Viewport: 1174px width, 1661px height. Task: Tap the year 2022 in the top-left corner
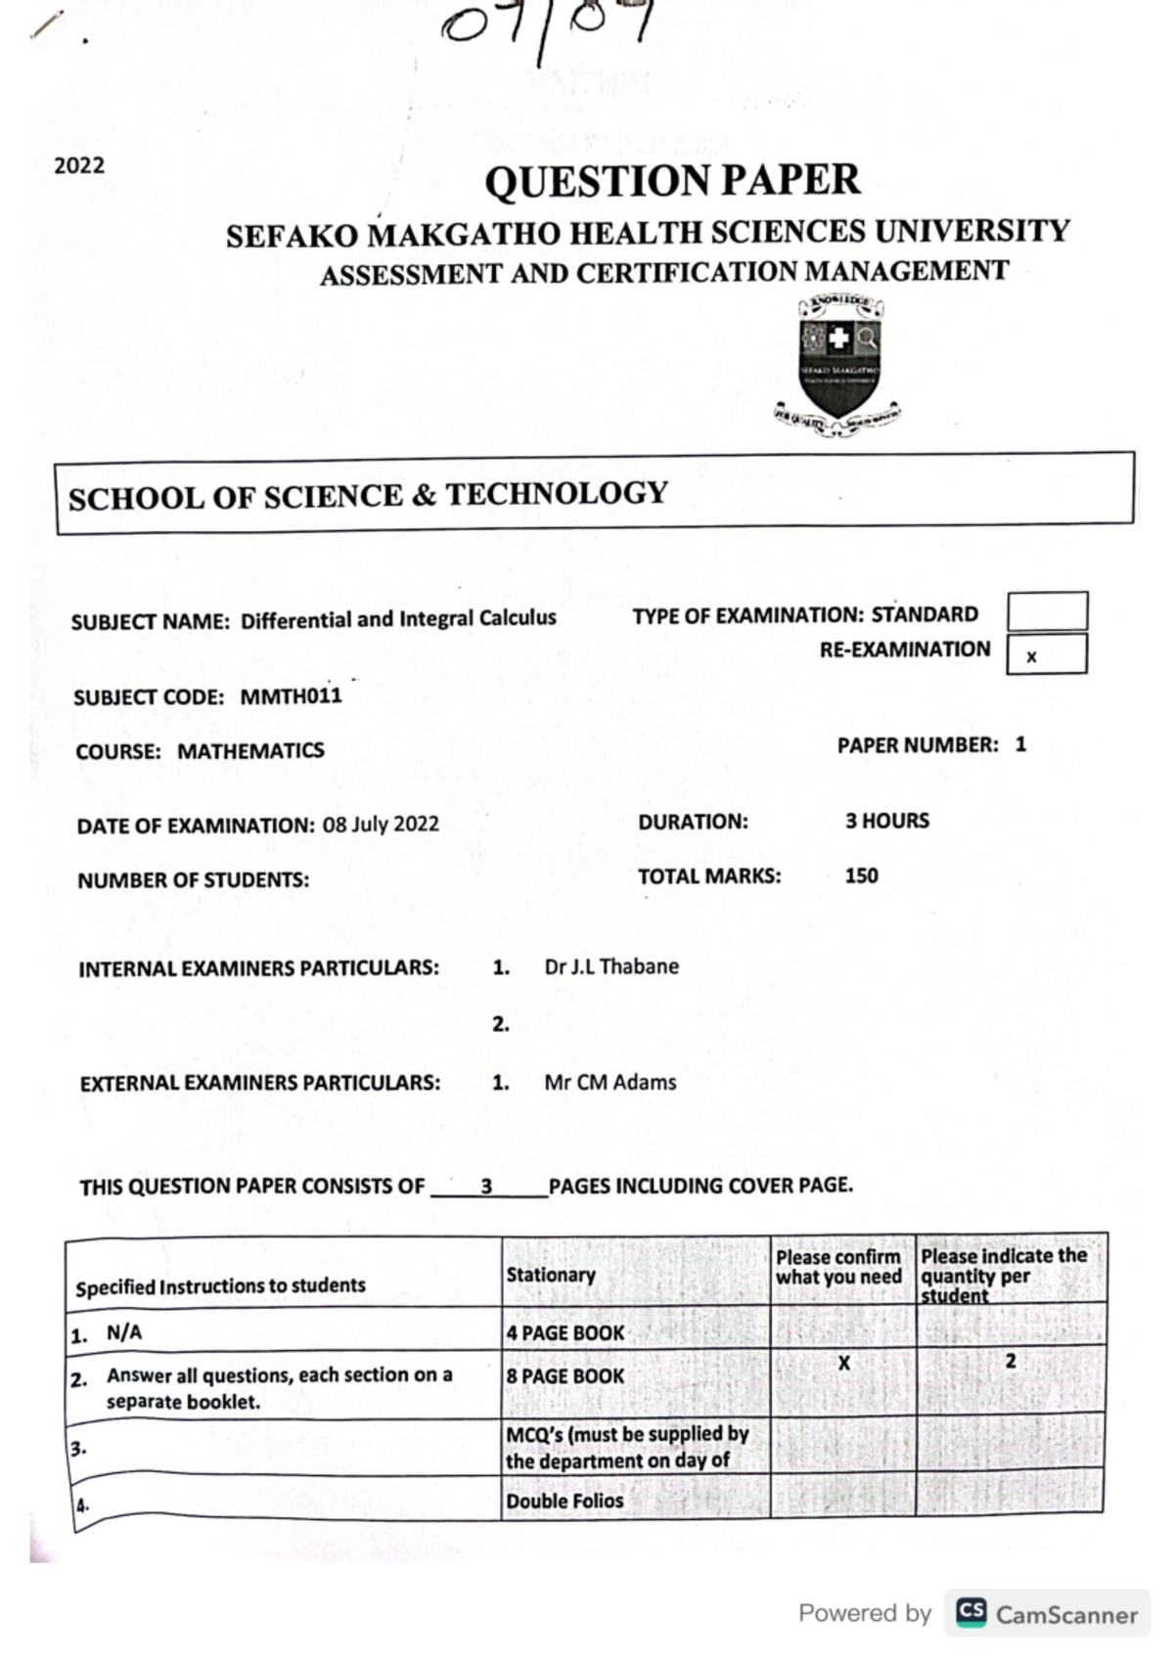[79, 165]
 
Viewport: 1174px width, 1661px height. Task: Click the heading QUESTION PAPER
[672, 182]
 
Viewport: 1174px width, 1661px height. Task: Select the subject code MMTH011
[291, 696]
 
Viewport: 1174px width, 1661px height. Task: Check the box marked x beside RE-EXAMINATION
[1046, 654]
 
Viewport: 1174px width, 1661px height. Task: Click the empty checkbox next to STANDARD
[1047, 611]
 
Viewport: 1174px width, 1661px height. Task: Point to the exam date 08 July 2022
[381, 824]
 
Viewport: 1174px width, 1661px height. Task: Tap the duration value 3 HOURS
[886, 821]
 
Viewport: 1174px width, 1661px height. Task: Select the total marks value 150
[861, 875]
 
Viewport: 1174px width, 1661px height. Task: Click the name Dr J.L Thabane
[610, 966]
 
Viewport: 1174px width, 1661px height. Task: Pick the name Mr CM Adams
[610, 1082]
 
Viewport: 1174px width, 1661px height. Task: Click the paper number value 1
[1020, 744]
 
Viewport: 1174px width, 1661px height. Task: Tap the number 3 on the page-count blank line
[486, 1187]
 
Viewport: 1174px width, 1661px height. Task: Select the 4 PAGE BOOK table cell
[564, 1332]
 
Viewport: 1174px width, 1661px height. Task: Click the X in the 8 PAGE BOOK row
[843, 1363]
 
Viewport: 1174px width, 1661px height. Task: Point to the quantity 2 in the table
[1011, 1361]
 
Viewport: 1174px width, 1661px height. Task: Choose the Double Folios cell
[564, 1501]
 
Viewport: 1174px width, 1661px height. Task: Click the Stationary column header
[550, 1275]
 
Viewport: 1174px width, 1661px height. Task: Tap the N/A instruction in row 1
[124, 1332]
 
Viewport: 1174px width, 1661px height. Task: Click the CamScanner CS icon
[971, 1613]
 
